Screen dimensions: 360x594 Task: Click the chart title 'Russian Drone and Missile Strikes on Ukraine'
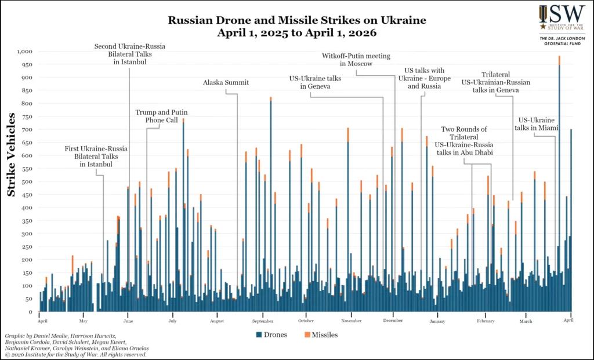(297, 20)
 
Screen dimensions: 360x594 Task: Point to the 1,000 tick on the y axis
(25, 51)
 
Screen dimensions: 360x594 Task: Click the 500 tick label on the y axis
(27, 181)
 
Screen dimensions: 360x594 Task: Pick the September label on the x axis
(263, 321)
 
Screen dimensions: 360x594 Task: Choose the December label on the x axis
(393, 321)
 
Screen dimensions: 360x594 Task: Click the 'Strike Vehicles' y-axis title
(12, 155)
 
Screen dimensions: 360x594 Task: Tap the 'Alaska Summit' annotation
(226, 82)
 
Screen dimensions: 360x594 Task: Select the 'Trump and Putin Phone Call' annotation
(161, 116)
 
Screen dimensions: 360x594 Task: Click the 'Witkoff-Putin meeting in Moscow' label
(356, 60)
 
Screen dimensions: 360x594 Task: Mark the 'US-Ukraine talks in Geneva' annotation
(316, 82)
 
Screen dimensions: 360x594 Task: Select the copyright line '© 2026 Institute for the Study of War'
(75, 354)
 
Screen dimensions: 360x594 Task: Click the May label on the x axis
(83, 321)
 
